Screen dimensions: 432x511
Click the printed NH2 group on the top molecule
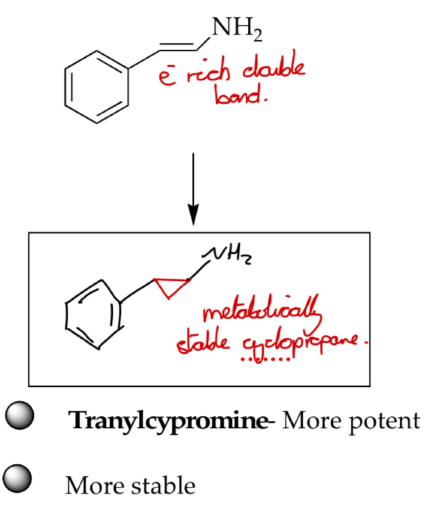[x=236, y=28]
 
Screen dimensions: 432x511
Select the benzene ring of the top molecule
[x=97, y=87]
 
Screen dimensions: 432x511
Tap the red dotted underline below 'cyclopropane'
[x=266, y=359]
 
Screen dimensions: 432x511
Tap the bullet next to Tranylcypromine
[x=19, y=415]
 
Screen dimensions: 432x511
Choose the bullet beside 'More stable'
[x=17, y=478]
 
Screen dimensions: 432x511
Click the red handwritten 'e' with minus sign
[x=168, y=77]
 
